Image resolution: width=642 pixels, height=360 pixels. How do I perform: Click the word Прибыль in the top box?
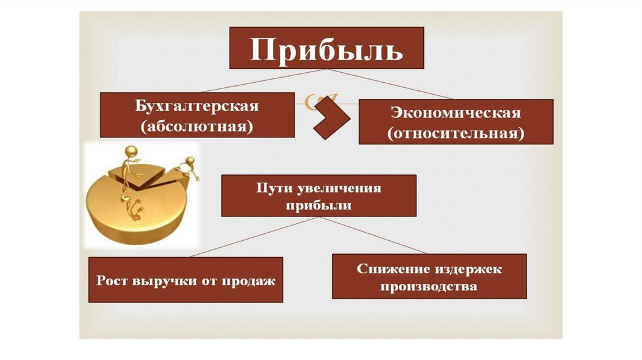326,49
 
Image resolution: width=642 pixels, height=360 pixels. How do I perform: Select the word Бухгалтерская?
197,106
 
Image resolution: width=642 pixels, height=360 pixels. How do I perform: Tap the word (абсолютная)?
197,126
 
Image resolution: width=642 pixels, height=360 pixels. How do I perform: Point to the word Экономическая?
456,114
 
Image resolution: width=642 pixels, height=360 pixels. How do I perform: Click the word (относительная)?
456,134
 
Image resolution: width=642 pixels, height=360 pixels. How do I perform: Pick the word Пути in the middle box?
271,188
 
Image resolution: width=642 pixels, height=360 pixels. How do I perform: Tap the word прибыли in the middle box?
318,206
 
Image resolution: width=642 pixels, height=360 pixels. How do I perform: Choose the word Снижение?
391,268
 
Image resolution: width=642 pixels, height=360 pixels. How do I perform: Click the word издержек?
466,268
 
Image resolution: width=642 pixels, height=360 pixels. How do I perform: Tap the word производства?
429,287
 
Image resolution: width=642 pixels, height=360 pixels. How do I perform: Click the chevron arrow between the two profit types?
331,118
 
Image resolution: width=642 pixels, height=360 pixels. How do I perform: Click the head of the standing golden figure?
131,151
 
